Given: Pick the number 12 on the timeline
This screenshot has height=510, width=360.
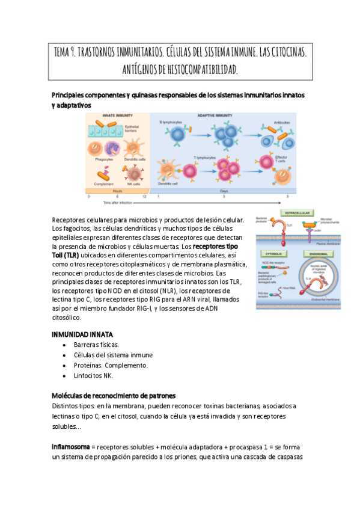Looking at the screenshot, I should click(x=144, y=197).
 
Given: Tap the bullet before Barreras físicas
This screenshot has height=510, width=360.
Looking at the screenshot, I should click(x=65, y=345).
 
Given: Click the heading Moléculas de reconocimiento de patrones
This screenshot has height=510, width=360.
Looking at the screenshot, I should click(x=114, y=395).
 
